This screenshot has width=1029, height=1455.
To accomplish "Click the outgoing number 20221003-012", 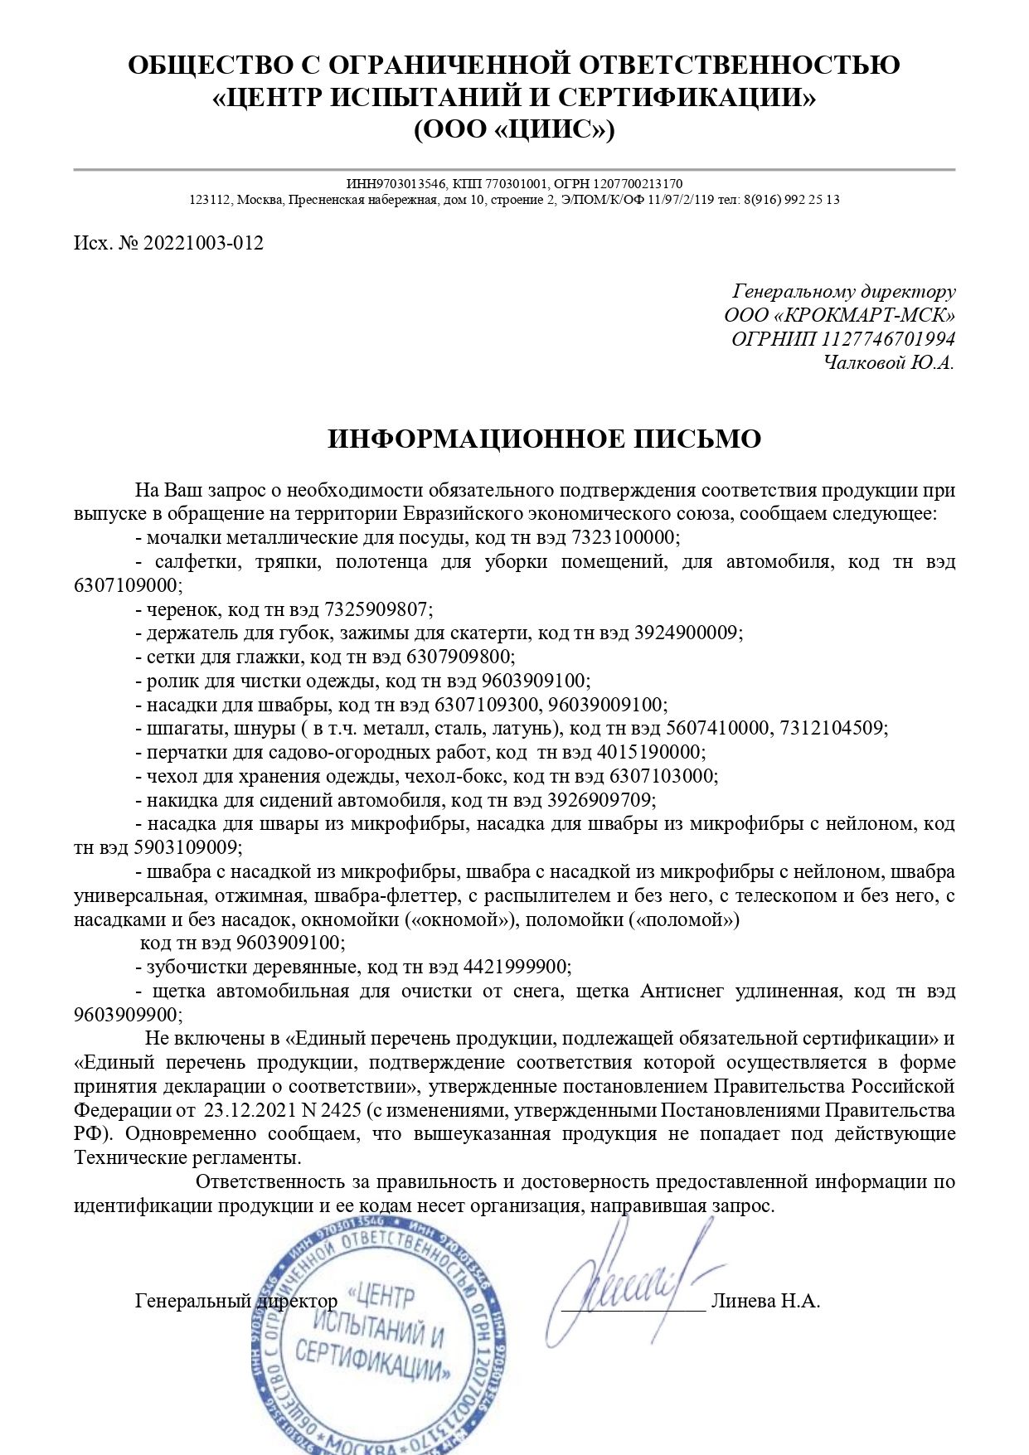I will (203, 243).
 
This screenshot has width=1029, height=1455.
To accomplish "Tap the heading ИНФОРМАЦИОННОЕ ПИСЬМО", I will (544, 439).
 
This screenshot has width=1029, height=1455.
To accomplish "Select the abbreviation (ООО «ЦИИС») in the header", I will (514, 130).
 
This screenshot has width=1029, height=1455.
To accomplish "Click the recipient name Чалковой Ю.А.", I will (889, 362).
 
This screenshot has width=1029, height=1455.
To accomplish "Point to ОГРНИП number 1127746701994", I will (888, 338).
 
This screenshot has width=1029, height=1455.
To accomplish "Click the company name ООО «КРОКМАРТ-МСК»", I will (839, 315).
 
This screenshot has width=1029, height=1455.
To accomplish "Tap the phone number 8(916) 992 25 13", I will (791, 200).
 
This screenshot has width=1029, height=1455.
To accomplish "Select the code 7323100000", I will (624, 537).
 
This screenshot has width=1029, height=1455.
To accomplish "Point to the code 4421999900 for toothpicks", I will (515, 967).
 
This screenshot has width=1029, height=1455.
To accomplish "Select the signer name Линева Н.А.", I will (765, 1301).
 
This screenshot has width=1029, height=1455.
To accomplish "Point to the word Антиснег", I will (682, 991).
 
